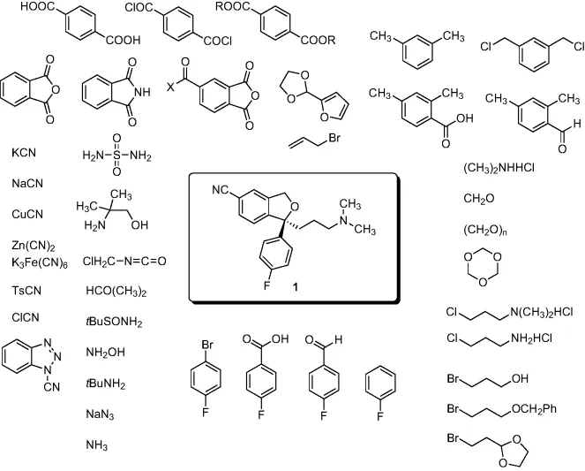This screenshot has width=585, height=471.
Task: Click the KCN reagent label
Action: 23,153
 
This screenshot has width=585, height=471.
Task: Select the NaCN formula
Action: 26,184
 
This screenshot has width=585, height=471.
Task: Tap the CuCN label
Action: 26,214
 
